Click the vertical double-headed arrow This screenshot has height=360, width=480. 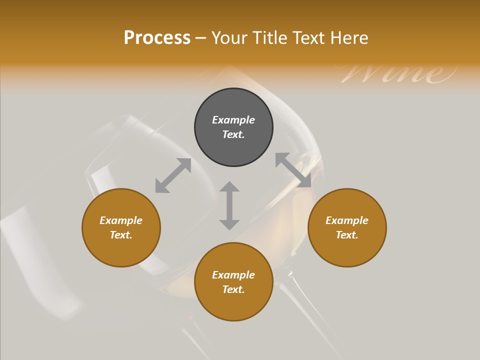pyautogui.click(x=229, y=205)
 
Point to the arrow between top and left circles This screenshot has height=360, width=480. pyautogui.click(x=173, y=175)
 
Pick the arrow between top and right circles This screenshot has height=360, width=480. pyautogui.click(x=293, y=170)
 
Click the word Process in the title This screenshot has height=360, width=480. pyautogui.click(x=157, y=38)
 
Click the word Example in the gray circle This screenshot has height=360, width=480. pyautogui.click(x=233, y=120)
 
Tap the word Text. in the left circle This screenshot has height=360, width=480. pyautogui.click(x=121, y=235)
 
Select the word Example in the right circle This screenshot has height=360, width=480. pyautogui.click(x=347, y=220)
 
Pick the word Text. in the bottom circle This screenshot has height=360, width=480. pyautogui.click(x=233, y=289)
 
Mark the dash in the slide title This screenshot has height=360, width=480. pyautogui.click(x=201, y=38)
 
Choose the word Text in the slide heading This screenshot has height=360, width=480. pyautogui.click(x=309, y=38)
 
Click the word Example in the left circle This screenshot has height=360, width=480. pyautogui.click(x=121, y=220)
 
